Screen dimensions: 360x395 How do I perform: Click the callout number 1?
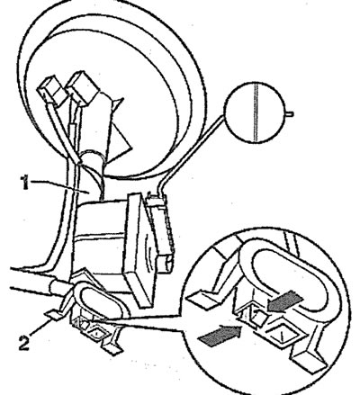[x=24, y=183]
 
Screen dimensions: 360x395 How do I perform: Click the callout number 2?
[x=24, y=343]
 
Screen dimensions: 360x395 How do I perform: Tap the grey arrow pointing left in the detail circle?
[x=284, y=302]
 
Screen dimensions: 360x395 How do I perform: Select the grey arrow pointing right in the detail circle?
[x=220, y=336]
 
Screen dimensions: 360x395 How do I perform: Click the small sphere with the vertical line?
[x=255, y=112]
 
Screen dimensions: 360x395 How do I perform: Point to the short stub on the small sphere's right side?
[x=289, y=113]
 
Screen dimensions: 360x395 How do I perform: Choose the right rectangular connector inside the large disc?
[x=83, y=87]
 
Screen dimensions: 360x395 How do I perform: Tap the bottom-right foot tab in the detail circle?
[x=309, y=362]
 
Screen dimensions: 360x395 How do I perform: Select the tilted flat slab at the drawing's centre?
[x=140, y=249]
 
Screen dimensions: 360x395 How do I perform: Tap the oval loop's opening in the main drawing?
[x=101, y=302]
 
